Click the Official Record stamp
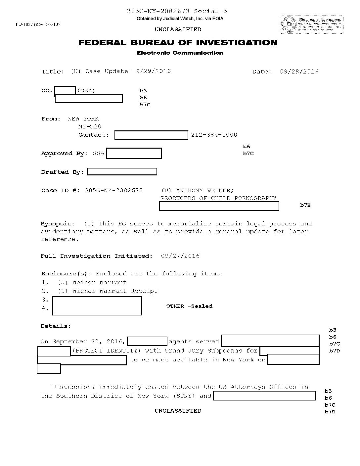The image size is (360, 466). coord(311,24)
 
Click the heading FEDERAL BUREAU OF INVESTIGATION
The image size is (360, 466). coord(178,43)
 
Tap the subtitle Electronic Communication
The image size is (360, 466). coord(180,53)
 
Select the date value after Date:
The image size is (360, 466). coord(299,71)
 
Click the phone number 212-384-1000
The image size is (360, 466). coord(214,135)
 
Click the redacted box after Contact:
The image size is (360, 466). coord(151,135)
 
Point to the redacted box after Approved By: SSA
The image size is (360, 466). coord(134,154)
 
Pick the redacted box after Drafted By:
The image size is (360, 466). coord(122,172)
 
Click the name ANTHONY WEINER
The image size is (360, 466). coord(204,191)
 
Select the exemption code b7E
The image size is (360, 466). coord(305,205)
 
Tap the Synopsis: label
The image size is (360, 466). coord(58,224)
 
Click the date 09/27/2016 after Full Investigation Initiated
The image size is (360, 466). coord(180,256)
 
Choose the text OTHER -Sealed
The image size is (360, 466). coord(189,306)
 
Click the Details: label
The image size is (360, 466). coord(56,326)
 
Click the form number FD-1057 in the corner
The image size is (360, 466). coord(37,24)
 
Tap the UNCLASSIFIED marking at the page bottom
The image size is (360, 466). coord(178,411)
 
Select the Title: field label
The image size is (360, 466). coord(53,72)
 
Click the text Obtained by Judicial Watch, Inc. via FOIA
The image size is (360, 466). coord(180,19)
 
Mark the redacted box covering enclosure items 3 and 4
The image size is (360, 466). coord(97,306)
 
